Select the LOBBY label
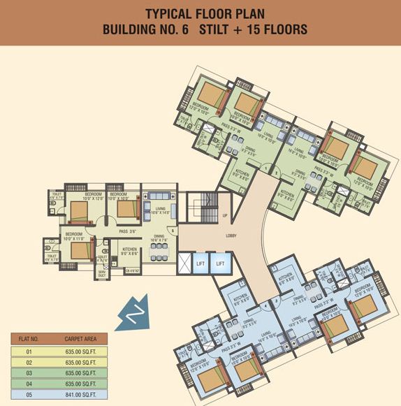pos(231,235)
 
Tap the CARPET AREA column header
pos(79,339)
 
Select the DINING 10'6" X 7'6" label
pos(158,239)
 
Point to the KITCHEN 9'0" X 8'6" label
pos(129,251)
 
